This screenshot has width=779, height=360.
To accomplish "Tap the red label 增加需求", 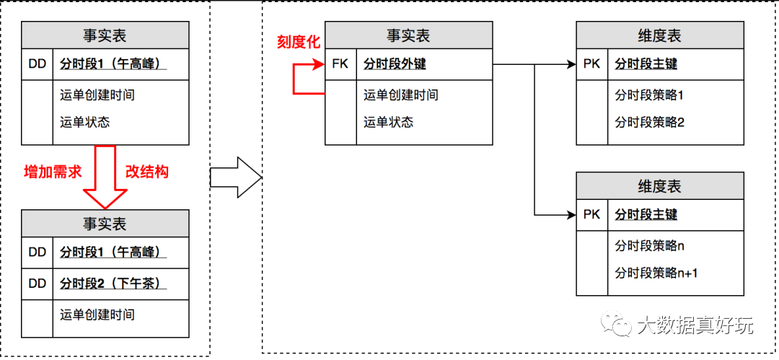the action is click(53, 172).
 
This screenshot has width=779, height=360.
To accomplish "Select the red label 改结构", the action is click(147, 172).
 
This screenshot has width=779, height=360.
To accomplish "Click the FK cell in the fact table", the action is click(340, 64).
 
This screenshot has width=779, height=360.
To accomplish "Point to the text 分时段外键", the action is click(395, 64).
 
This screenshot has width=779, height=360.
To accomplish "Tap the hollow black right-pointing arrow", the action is click(236, 177).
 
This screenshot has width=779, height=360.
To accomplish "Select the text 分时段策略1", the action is click(649, 95).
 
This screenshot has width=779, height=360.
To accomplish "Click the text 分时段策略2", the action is click(649, 122).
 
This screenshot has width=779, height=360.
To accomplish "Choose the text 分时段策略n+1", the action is click(656, 273).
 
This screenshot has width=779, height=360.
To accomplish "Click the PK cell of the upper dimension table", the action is click(591, 64).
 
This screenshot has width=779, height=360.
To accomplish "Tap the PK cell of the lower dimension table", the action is click(591, 215).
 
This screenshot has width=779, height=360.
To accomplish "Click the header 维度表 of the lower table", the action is click(660, 186).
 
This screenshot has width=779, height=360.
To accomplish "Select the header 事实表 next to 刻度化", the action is click(408, 36).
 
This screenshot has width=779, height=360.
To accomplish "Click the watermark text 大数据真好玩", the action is click(694, 325).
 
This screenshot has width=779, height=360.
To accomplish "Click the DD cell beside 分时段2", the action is click(38, 284).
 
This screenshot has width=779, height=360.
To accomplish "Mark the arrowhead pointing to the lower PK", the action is click(571, 215).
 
